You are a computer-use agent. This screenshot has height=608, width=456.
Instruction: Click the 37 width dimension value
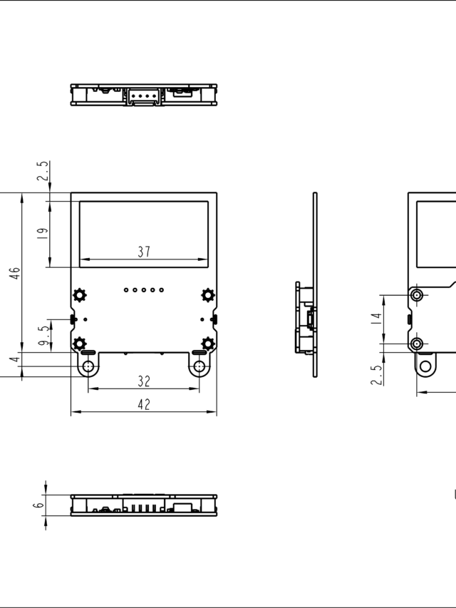(144, 252)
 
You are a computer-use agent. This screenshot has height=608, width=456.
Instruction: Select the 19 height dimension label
(42, 233)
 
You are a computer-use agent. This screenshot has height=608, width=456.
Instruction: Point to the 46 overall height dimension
(15, 273)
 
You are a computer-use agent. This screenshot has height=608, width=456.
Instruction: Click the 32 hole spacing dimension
(144, 381)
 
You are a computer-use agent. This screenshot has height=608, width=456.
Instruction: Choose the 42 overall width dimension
(144, 404)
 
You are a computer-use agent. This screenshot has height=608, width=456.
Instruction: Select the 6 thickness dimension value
(38, 504)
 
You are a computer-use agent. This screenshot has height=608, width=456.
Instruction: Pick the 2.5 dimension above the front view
(43, 173)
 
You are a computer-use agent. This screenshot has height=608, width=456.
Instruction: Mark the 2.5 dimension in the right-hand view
(375, 373)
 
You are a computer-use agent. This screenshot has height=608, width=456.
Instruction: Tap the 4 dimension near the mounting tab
(14, 360)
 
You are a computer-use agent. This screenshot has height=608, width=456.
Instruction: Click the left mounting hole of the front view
(88, 367)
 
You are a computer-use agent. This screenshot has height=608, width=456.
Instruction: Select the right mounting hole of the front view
(199, 367)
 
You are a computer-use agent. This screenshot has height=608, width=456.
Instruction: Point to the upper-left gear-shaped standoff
(80, 294)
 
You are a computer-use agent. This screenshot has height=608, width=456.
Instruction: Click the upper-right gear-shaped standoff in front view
(208, 294)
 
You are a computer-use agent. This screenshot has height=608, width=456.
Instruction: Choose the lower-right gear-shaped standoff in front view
(208, 344)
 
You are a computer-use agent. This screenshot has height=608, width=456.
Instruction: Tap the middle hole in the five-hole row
(144, 290)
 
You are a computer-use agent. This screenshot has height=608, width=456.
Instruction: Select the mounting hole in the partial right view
(426, 367)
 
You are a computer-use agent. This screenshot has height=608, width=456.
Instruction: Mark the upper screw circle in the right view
(418, 294)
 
